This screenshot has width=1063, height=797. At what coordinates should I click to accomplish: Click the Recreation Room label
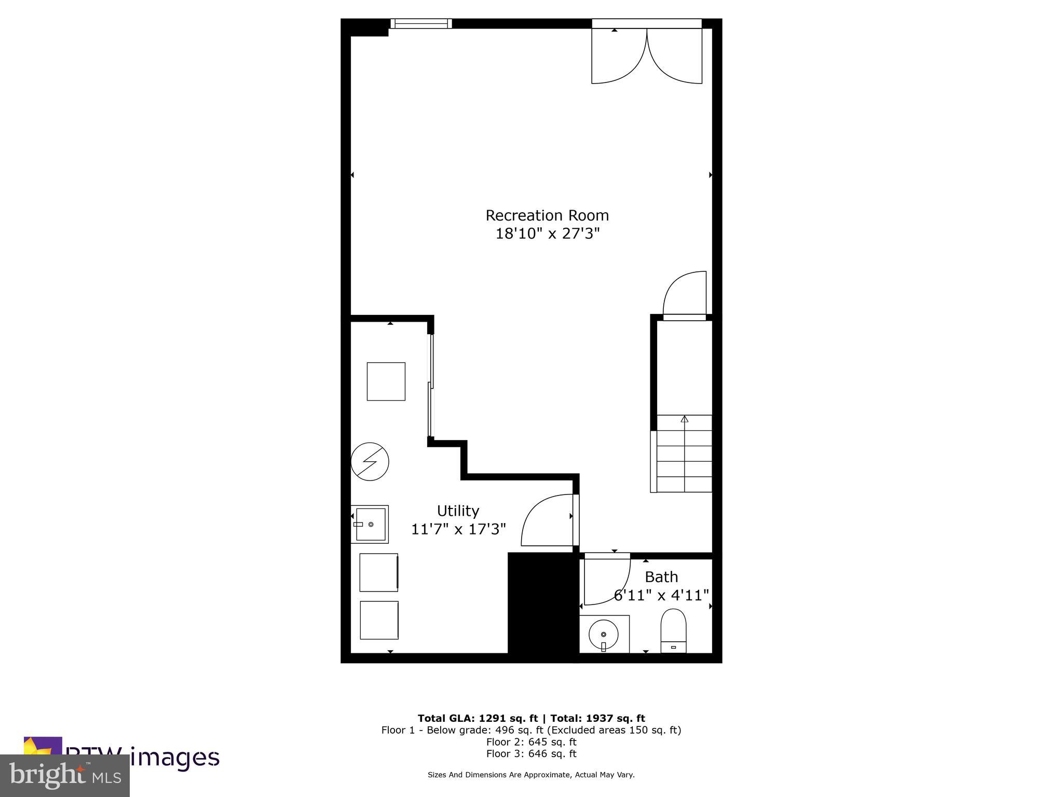pyautogui.click(x=547, y=215)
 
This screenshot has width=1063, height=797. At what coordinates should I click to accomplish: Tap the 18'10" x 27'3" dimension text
pyautogui.click(x=547, y=233)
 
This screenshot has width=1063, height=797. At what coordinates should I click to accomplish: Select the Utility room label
pyautogui.click(x=458, y=511)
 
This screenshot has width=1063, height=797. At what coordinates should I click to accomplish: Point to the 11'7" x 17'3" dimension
pyautogui.click(x=458, y=529)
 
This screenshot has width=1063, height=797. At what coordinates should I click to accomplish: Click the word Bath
pyautogui.click(x=661, y=577)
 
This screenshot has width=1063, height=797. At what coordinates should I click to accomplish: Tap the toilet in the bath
pyautogui.click(x=673, y=631)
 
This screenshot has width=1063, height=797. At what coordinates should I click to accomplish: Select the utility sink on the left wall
pyautogui.click(x=370, y=524)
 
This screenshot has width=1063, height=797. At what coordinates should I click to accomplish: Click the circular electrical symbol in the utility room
pyautogui.click(x=370, y=461)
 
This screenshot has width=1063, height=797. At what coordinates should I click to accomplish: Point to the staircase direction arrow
pyautogui.click(x=684, y=419)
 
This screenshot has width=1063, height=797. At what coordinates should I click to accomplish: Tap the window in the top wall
pyautogui.click(x=420, y=23)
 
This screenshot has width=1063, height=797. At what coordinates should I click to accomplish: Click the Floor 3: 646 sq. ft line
pyautogui.click(x=531, y=753)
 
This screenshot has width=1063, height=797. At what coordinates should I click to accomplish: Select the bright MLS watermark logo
pyautogui.click(x=65, y=775)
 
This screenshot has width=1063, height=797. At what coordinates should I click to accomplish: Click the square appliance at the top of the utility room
pyautogui.click(x=386, y=381)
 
